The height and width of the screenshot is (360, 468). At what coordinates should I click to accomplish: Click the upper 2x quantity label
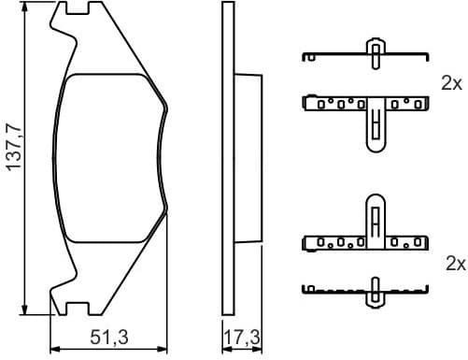pyautogui.click(x=452, y=82)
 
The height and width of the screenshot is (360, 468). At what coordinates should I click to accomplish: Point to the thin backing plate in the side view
pyautogui.click(x=225, y=157)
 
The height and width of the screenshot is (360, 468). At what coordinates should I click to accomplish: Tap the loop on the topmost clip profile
pyautogui.click(x=376, y=52)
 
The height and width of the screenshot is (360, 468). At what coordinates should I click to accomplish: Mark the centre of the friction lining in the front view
pyautogui.click(x=110, y=157)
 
